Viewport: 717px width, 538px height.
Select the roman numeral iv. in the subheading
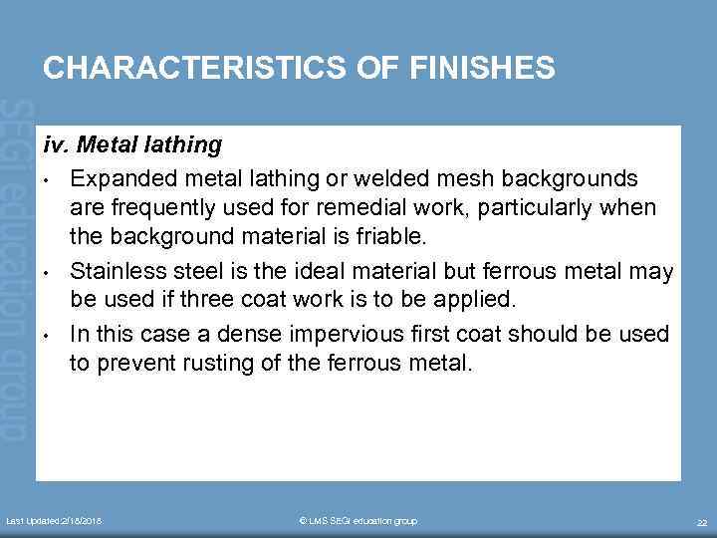click(56, 145)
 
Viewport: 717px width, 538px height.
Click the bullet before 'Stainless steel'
click(48, 271)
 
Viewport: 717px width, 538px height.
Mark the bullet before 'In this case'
click(48, 333)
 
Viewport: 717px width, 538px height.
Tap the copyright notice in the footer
click(358, 521)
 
